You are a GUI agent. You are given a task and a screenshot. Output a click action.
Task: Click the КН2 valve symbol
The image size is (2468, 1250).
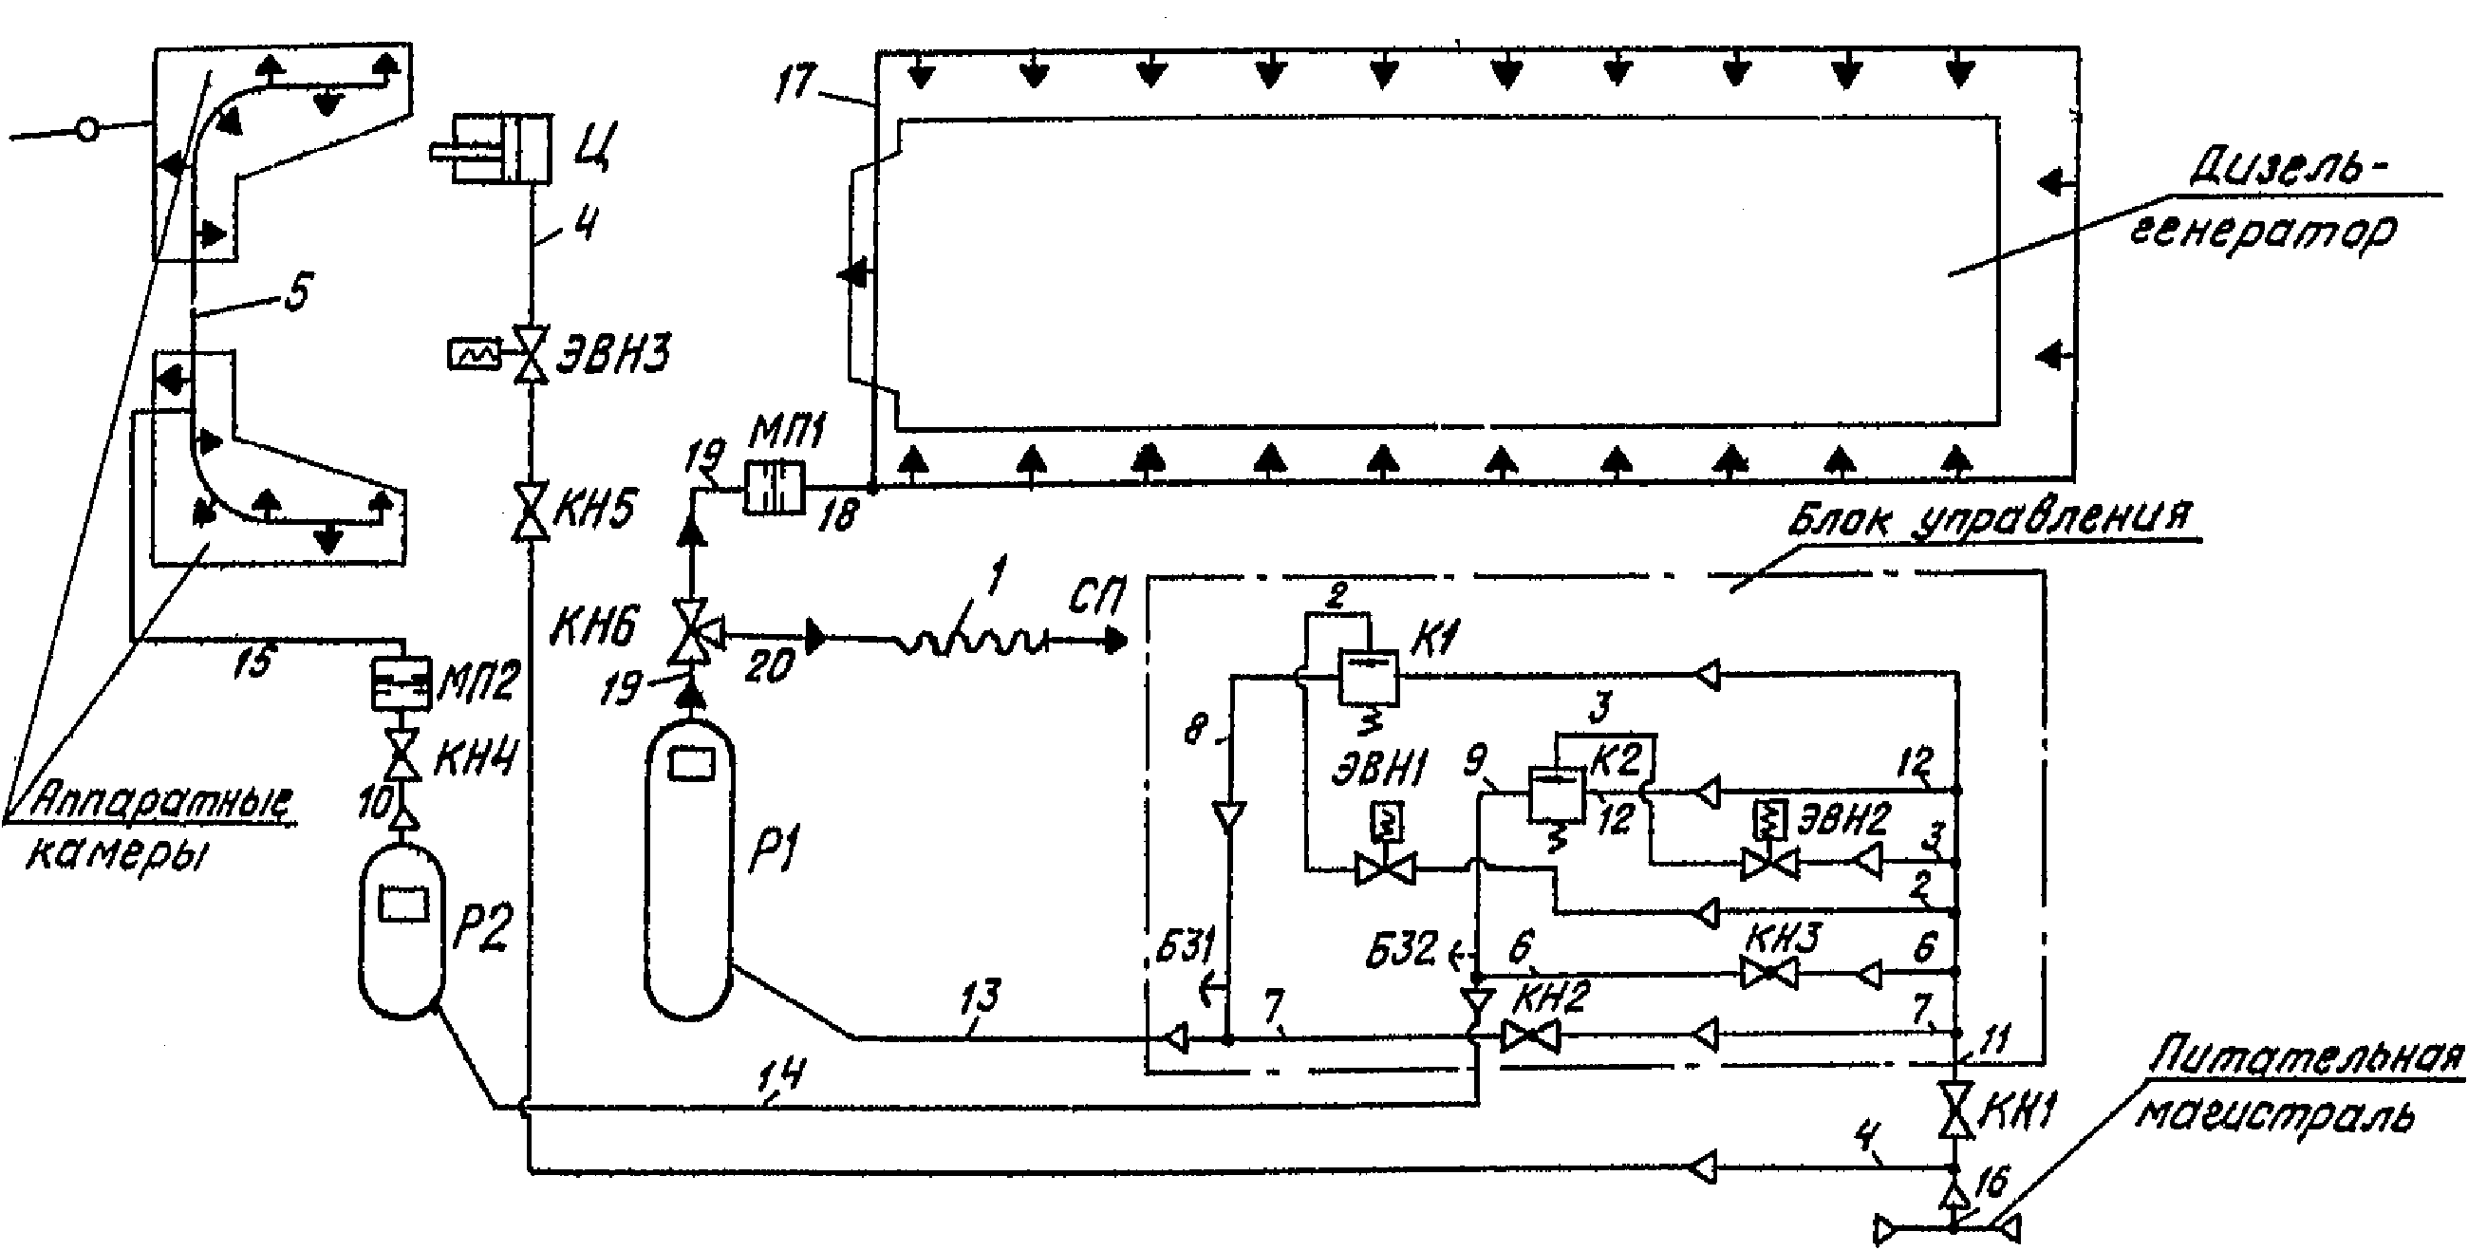pyautogui.click(x=1529, y=1035)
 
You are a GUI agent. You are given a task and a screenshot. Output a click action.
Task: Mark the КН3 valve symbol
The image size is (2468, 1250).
pyautogui.click(x=1767, y=975)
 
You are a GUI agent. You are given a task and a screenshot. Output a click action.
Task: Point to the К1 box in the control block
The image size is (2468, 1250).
pyautogui.click(x=1367, y=679)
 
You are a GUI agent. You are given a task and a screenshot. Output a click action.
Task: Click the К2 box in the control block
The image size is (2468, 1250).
pyautogui.click(x=1556, y=793)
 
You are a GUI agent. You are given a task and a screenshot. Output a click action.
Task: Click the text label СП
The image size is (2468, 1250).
pyautogui.click(x=1094, y=597)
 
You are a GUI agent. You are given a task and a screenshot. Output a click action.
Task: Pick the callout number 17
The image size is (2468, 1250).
pyautogui.click(x=798, y=82)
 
